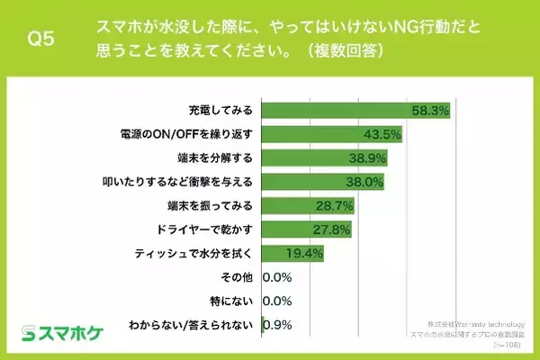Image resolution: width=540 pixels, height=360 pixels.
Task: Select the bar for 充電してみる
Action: (355, 112)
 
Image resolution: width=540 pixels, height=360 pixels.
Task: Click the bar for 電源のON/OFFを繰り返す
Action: (331, 136)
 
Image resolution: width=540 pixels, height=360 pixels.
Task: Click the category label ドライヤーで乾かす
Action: (204, 229)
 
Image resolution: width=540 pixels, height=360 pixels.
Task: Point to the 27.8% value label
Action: (327, 229)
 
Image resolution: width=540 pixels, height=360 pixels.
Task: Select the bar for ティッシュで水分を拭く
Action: (292, 253)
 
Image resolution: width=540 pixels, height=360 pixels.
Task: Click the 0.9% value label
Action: (277, 323)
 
